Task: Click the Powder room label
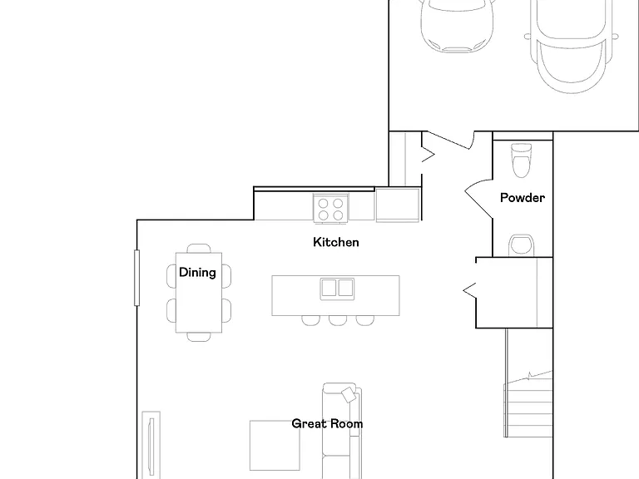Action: [x=522, y=198]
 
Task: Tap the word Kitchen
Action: [x=336, y=242]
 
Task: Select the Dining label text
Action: [x=197, y=273]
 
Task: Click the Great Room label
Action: [x=327, y=424]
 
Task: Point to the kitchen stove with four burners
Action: [x=330, y=208]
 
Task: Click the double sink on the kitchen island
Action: [x=337, y=289]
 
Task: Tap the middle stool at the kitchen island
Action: [x=338, y=320]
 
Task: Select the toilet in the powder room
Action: [x=521, y=160]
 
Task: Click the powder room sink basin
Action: [x=521, y=245]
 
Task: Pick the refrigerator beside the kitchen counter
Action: [x=398, y=205]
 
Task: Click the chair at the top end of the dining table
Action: [x=199, y=249]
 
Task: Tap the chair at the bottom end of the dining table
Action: [x=199, y=337]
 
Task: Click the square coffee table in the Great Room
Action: [x=275, y=445]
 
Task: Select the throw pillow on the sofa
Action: [x=349, y=395]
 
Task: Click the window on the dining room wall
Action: [x=137, y=278]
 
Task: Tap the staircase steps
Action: [x=528, y=403]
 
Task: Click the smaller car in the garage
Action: [x=457, y=26]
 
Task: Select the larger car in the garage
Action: [x=571, y=46]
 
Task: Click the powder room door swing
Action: [x=479, y=198]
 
